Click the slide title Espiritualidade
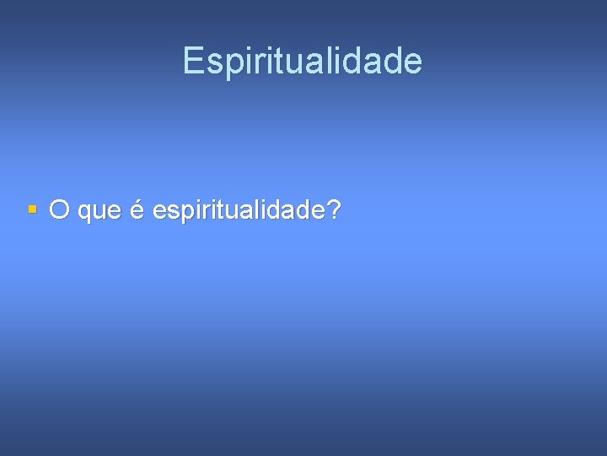point(303,61)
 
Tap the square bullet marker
point(32,208)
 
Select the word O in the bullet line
point(59,209)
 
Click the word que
point(99,211)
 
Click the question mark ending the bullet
point(336,209)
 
